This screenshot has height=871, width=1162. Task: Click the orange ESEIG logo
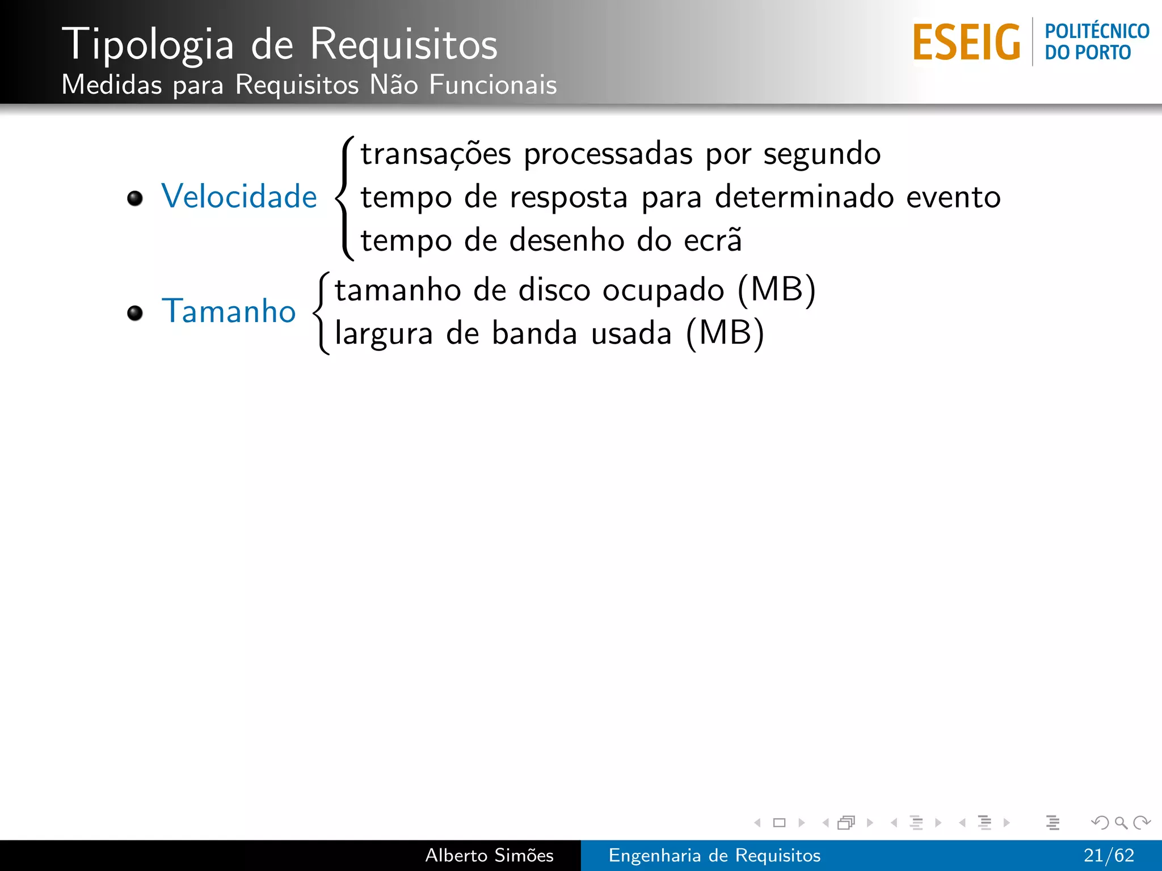click(966, 42)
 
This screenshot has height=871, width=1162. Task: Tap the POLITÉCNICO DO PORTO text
click(1096, 42)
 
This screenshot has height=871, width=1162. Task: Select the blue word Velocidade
click(239, 197)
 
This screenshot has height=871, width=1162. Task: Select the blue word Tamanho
click(229, 311)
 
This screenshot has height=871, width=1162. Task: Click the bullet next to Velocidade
click(135, 198)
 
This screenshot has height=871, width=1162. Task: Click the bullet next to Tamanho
click(135, 313)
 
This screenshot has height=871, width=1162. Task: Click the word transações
click(436, 154)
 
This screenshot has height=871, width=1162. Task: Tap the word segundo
click(822, 154)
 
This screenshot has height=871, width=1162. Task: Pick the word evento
click(953, 197)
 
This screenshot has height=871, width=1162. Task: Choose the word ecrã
click(713, 240)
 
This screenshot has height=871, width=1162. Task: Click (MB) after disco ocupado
click(776, 290)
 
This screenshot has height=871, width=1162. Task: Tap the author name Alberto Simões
click(489, 855)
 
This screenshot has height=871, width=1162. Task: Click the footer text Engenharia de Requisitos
click(714, 855)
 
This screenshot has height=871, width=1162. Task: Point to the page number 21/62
click(1108, 855)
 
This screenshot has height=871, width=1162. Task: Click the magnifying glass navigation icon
click(1121, 822)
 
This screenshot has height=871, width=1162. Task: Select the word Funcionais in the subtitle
click(492, 85)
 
